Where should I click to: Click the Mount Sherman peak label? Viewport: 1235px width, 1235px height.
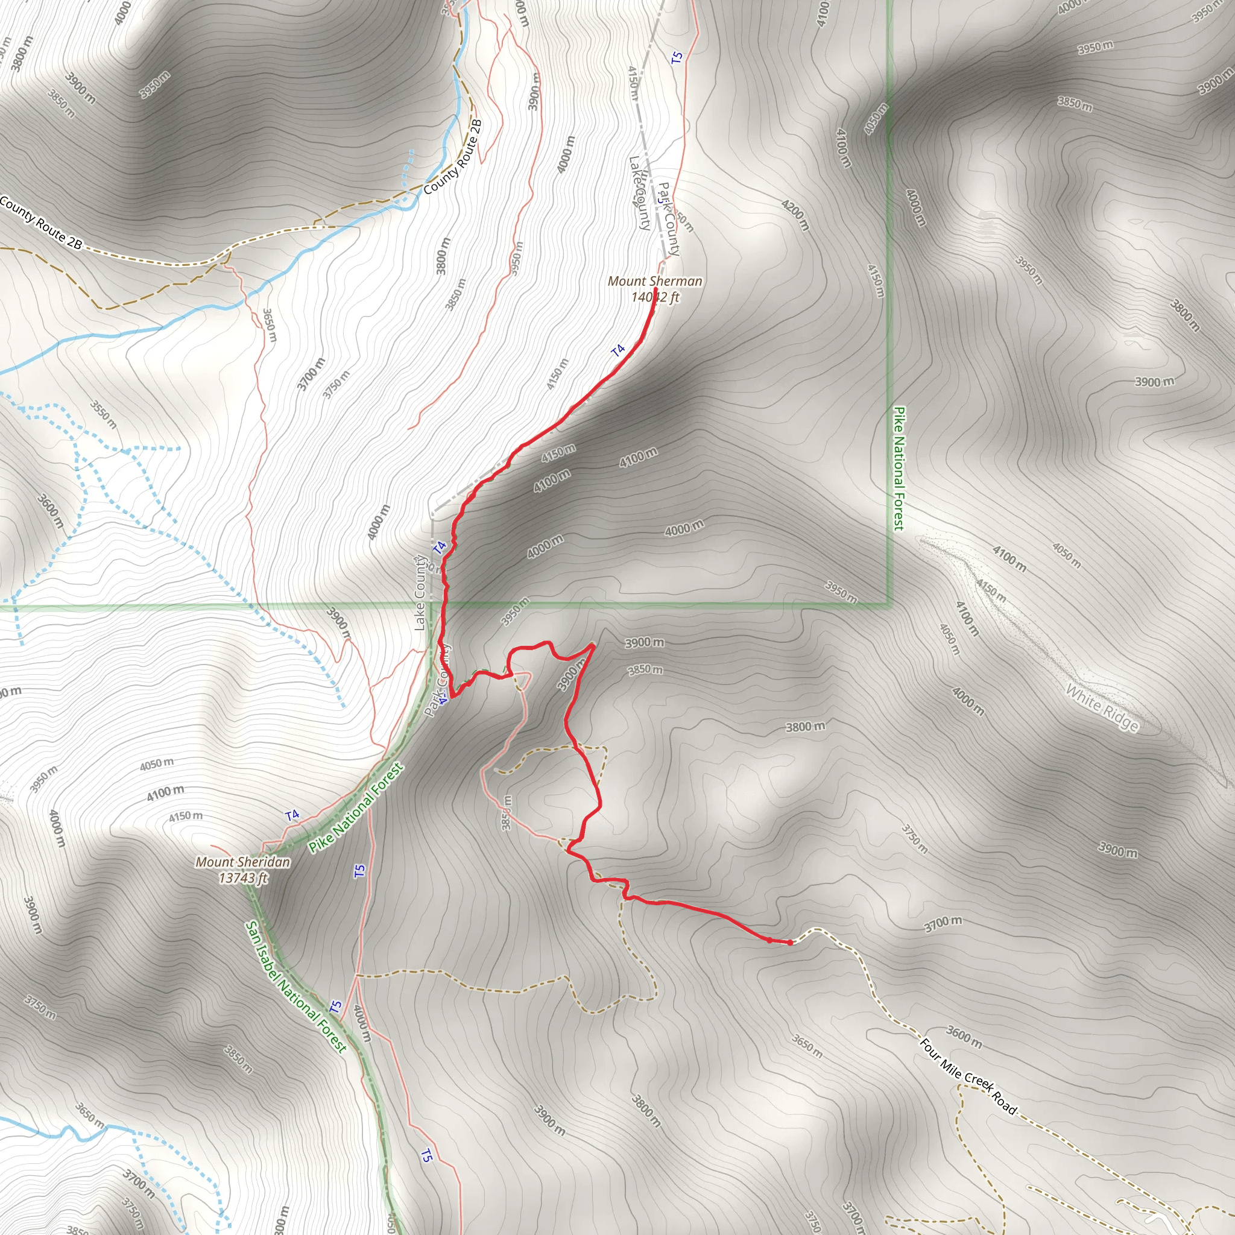tap(654, 281)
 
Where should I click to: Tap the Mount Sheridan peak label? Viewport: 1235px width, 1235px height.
tap(243, 862)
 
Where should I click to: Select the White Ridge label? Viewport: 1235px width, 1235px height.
tap(1102, 707)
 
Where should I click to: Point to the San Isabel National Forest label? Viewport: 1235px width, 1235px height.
tap(296, 987)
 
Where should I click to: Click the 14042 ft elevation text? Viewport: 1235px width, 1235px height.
tap(655, 297)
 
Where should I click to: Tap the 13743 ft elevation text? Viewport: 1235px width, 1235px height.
tap(243, 877)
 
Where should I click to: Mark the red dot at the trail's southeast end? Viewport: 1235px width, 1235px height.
tap(790, 943)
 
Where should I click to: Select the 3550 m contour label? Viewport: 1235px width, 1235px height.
tap(103, 414)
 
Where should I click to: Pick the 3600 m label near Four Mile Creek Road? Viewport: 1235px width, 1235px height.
tap(964, 1037)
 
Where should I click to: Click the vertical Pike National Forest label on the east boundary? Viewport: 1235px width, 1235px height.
tap(899, 469)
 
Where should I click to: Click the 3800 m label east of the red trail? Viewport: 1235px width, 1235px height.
tap(805, 727)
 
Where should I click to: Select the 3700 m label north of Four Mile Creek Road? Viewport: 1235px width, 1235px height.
tap(943, 923)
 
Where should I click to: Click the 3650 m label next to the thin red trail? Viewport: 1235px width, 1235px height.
tap(269, 325)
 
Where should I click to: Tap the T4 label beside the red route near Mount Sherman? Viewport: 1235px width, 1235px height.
tap(618, 350)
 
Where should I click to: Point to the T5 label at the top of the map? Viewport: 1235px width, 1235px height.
tap(677, 57)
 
